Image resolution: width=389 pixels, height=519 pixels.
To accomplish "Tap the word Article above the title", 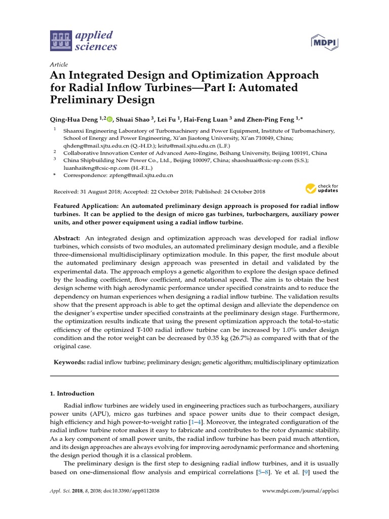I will tap(59, 65).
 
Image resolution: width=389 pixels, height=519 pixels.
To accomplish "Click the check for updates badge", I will tap(322, 189).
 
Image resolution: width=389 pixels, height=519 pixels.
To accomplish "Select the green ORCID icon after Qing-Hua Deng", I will tap(109, 120).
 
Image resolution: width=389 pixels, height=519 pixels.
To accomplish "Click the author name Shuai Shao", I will tap(134, 120).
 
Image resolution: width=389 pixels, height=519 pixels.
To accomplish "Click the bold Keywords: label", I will tap(69, 362).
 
